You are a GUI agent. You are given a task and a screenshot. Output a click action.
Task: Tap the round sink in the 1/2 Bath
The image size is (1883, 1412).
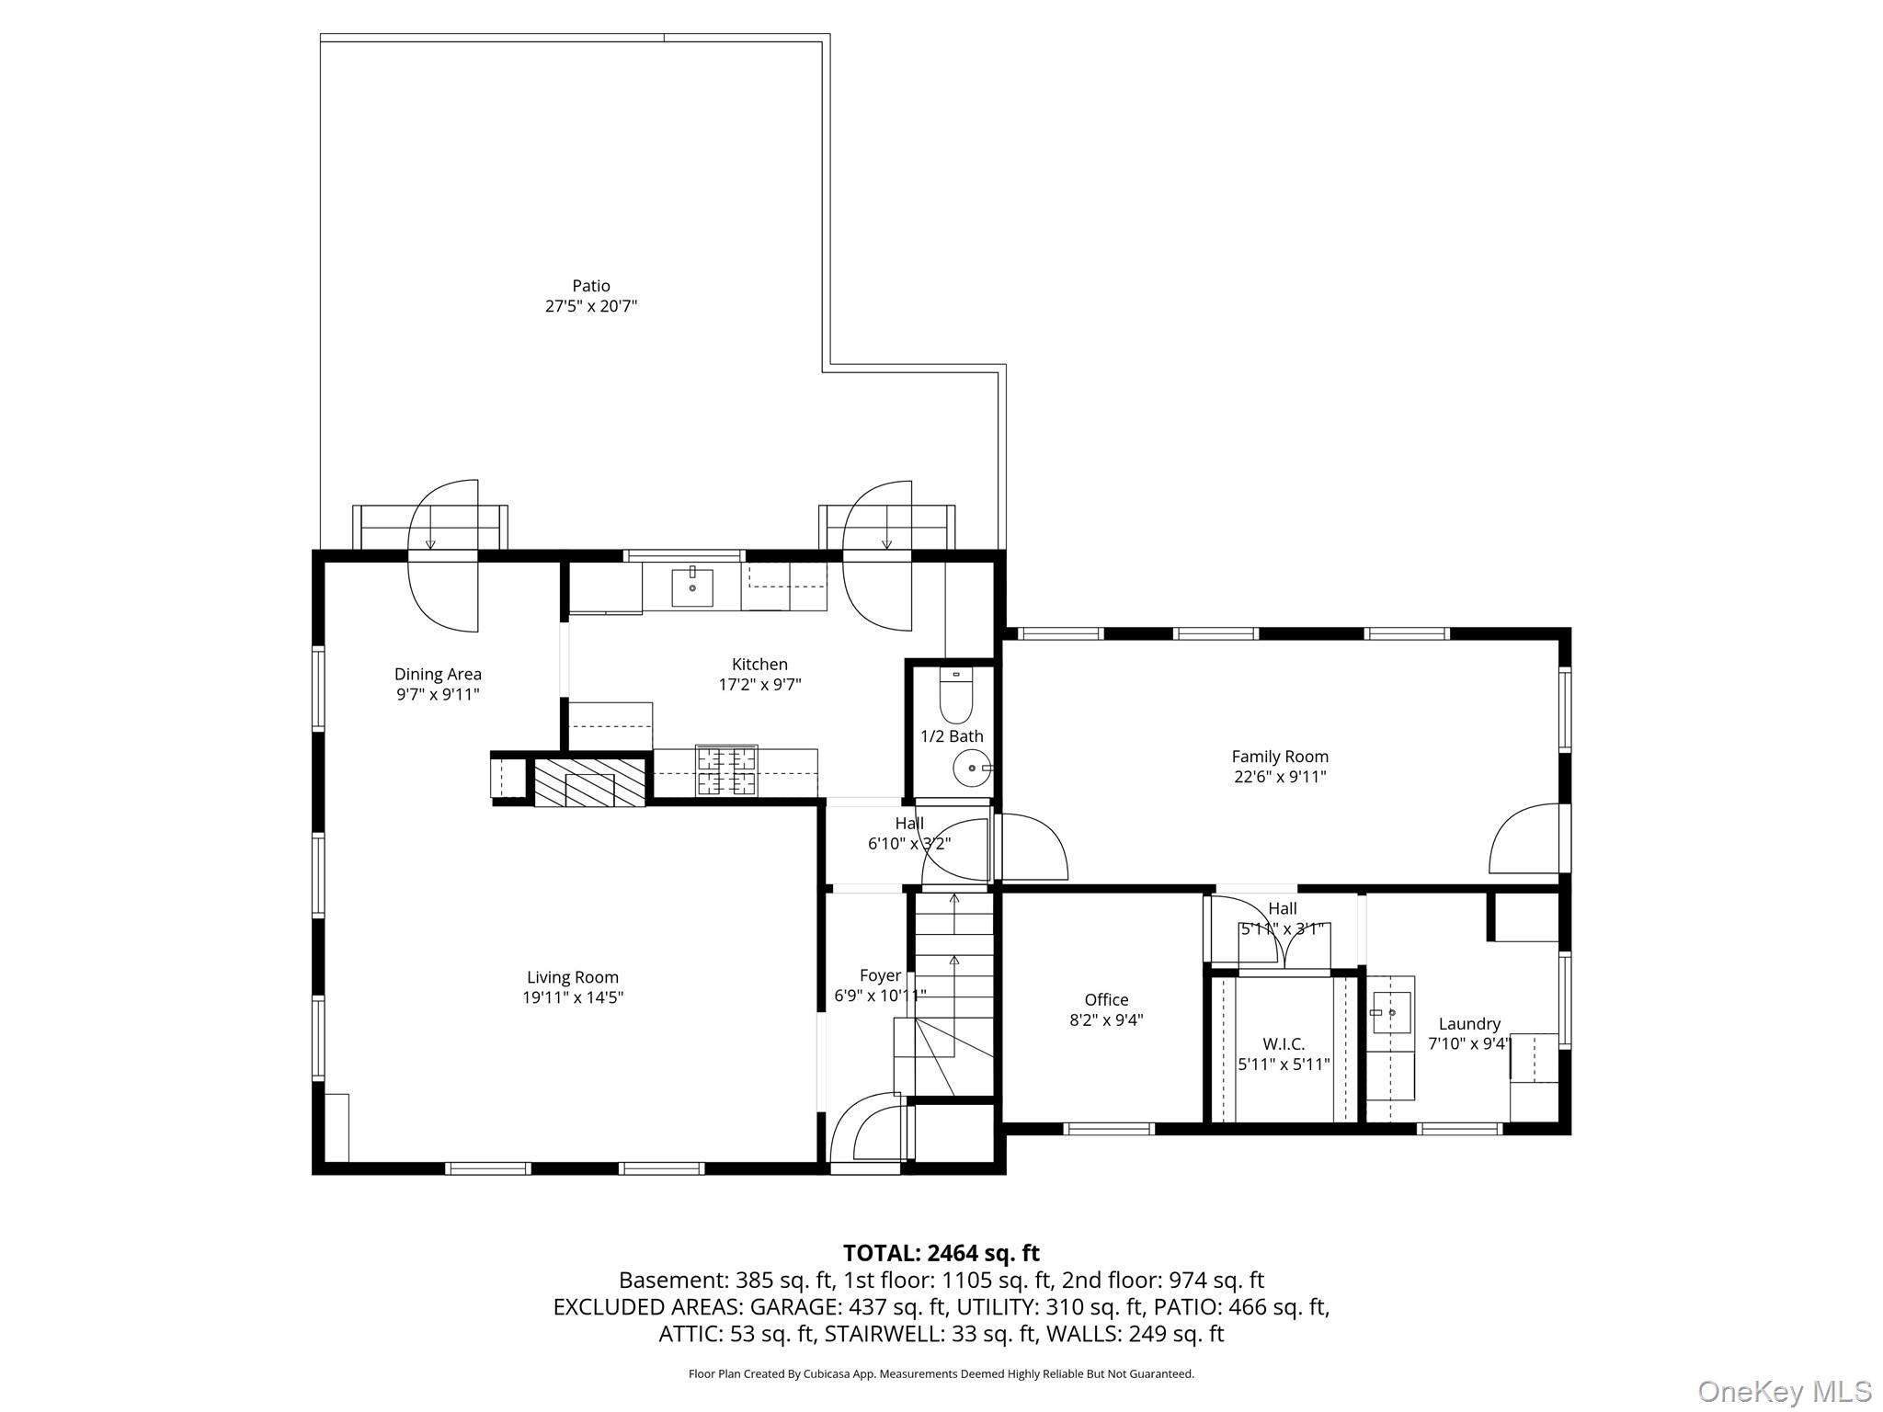(x=972, y=767)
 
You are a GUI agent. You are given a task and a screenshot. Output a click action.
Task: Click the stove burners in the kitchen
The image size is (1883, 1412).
(x=726, y=770)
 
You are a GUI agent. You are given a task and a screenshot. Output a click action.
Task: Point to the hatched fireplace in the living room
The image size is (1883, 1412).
(x=589, y=782)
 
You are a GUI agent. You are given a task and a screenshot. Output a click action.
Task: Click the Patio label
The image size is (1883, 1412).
(x=591, y=286)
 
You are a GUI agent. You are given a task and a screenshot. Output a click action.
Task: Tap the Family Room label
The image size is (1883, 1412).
(x=1280, y=757)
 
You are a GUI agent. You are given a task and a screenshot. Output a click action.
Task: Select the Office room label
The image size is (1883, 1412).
(x=1106, y=999)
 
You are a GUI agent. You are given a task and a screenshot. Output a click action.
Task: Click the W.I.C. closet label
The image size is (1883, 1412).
(x=1284, y=1044)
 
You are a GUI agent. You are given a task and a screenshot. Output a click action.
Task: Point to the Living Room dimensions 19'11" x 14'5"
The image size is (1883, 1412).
(x=573, y=997)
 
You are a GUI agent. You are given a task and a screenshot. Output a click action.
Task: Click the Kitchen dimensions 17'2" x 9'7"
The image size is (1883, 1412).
(x=759, y=684)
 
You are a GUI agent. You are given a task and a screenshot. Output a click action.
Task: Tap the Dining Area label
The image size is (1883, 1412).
(x=438, y=674)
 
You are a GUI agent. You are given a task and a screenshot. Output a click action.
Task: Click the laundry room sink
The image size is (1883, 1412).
(x=1391, y=1012)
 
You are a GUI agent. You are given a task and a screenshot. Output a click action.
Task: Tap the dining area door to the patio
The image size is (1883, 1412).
(x=443, y=555)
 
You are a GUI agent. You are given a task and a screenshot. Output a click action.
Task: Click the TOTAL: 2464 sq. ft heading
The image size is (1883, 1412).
(x=941, y=1253)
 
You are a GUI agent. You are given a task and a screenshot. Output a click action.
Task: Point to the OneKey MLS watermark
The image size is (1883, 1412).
(x=1784, y=1391)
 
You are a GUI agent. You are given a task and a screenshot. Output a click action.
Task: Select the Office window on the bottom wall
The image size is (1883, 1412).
(x=1109, y=1128)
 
